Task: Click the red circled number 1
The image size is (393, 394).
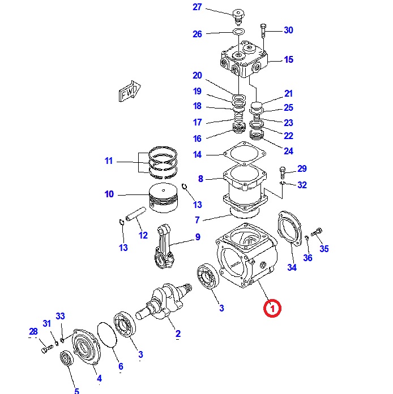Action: tap(272, 309)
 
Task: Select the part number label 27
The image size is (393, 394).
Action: tap(197, 7)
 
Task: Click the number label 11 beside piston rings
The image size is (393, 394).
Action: tap(109, 161)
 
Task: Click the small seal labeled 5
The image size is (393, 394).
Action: tap(67, 360)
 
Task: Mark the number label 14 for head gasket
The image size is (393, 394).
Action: tap(197, 154)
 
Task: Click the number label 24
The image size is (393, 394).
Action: tap(289, 151)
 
